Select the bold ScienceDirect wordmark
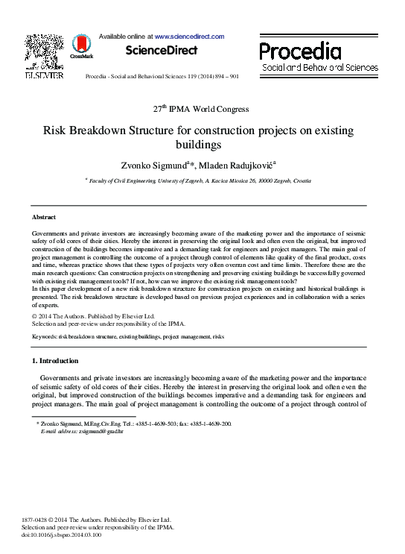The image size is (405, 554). click(x=161, y=51)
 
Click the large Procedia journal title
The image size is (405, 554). click(x=301, y=51)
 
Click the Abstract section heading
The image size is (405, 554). click(x=44, y=216)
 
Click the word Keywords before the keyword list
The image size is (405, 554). click(x=45, y=337)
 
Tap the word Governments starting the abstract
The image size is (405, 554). click(x=55, y=233)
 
